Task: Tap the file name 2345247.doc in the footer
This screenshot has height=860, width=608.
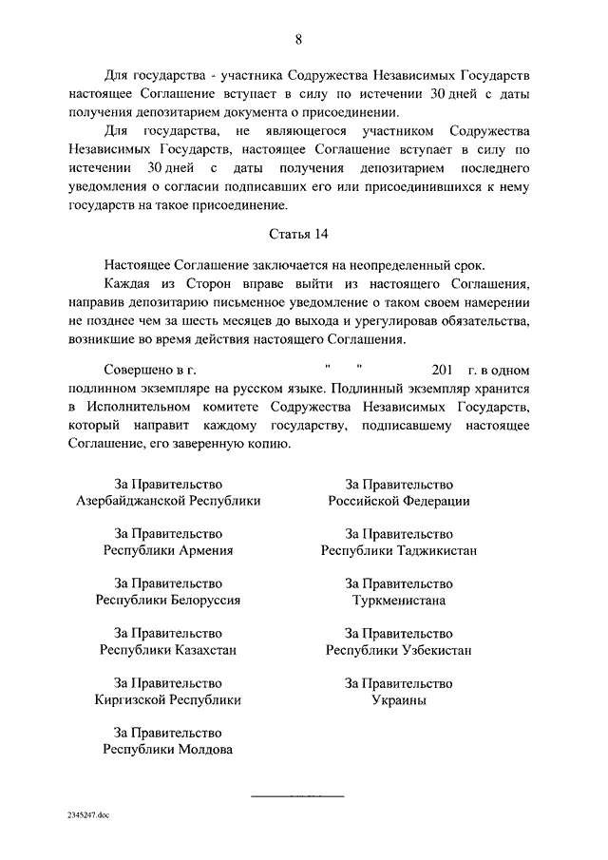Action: pos(88,815)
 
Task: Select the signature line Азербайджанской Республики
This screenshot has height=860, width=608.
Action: pos(168,500)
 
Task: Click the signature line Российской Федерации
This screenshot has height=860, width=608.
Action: pos(399,500)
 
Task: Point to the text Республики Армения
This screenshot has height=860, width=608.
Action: pos(168,550)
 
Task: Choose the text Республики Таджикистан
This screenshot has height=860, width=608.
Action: pos(399,550)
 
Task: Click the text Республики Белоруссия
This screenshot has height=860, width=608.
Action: pos(168,601)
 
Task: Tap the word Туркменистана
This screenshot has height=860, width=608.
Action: pos(399,601)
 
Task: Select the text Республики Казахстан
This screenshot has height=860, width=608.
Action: pos(168,650)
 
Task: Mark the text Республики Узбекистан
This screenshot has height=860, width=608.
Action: pos(399,650)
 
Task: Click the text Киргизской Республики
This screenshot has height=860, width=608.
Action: pos(168,700)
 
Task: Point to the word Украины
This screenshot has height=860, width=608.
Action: pos(399,700)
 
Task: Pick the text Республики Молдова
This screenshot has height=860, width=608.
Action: pos(168,750)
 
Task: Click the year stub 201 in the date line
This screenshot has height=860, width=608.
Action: pos(442,369)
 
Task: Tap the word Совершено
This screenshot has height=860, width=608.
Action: pos(138,369)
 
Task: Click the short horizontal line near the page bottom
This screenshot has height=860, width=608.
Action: pos(286,793)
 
